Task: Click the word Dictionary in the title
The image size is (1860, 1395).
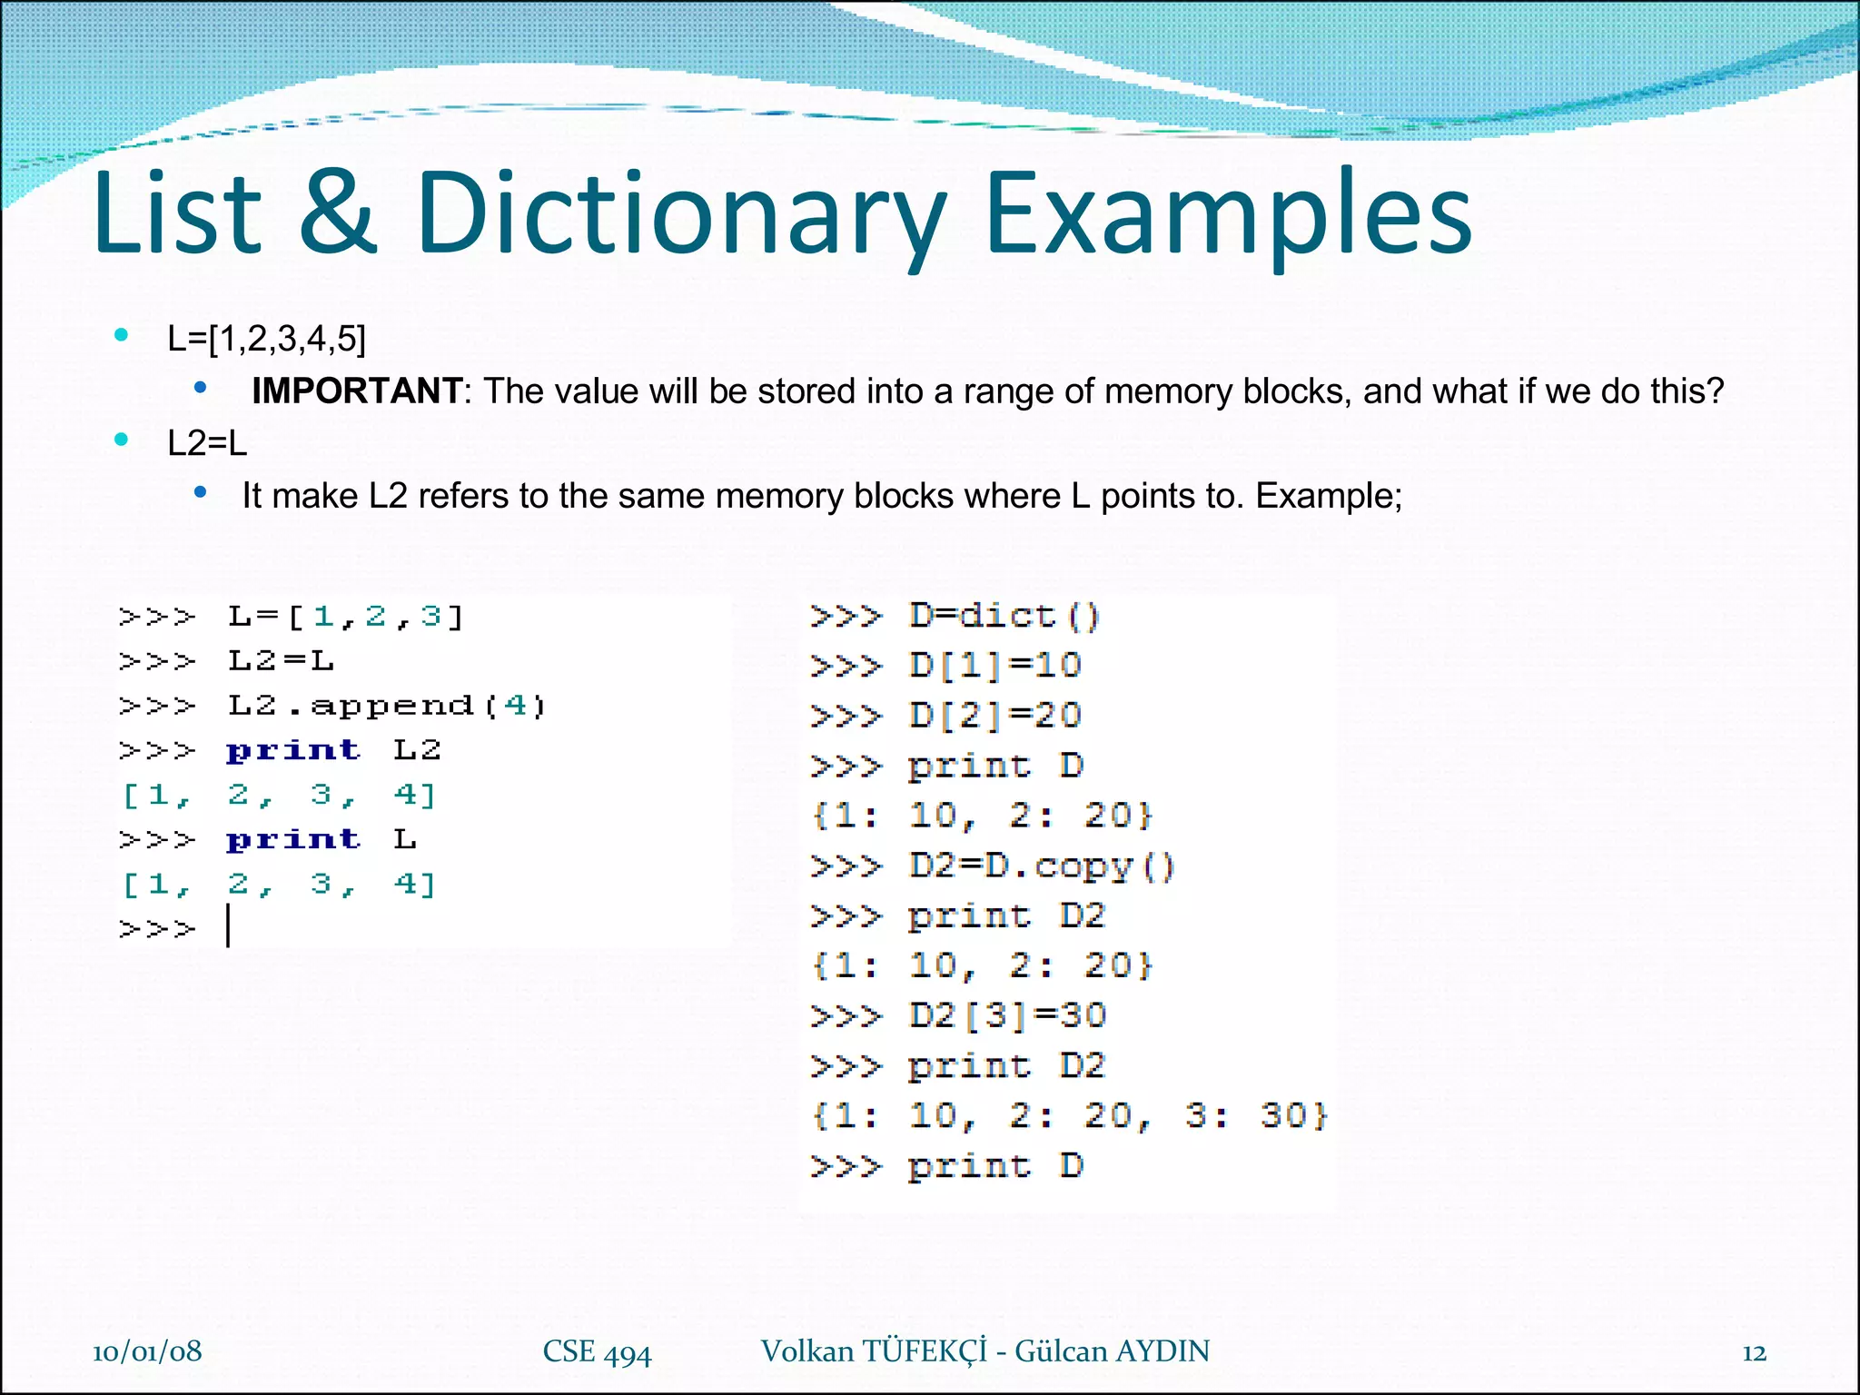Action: [681, 213]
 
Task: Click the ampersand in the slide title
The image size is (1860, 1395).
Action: [337, 213]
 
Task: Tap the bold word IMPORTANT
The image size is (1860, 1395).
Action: [357, 391]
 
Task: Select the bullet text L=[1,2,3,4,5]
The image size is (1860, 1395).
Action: [266, 339]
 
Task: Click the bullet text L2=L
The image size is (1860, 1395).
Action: [207, 444]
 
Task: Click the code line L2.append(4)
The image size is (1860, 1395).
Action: [386, 706]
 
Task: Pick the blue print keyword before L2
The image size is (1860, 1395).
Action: [292, 750]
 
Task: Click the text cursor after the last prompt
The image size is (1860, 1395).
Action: [228, 927]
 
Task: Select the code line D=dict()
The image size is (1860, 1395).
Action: [1004, 617]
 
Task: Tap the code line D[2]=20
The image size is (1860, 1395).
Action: [994, 716]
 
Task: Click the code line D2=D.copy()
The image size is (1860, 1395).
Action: [1041, 866]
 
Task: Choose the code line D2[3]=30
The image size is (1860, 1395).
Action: [1006, 1015]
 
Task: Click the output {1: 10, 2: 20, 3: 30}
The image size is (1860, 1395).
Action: [1070, 1115]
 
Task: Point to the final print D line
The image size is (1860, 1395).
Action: [994, 1165]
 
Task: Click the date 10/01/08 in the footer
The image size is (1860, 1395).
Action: [147, 1351]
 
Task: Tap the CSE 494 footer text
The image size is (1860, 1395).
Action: [597, 1352]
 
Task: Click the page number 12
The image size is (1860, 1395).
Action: [1754, 1353]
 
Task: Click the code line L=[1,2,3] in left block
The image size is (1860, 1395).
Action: [345, 617]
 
